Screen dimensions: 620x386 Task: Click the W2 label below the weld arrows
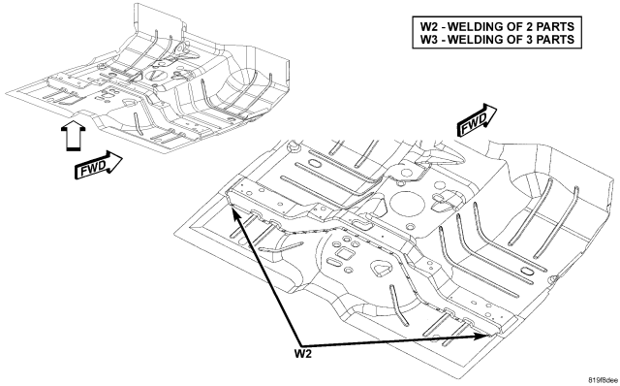point(303,354)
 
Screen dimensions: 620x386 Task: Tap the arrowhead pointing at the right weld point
point(486,337)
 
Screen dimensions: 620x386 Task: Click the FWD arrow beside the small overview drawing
point(99,165)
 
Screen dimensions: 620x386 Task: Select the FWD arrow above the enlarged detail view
point(477,120)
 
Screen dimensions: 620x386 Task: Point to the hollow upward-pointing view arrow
point(74,136)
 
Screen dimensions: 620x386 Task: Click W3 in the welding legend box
point(428,40)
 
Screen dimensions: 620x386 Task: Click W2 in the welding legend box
point(428,26)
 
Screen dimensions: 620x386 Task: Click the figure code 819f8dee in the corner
point(603,380)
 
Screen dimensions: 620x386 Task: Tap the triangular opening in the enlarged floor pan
point(382,269)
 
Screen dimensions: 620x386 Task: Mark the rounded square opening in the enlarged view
point(341,253)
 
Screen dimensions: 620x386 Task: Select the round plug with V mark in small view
point(155,76)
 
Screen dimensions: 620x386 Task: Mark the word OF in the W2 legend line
point(510,26)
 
